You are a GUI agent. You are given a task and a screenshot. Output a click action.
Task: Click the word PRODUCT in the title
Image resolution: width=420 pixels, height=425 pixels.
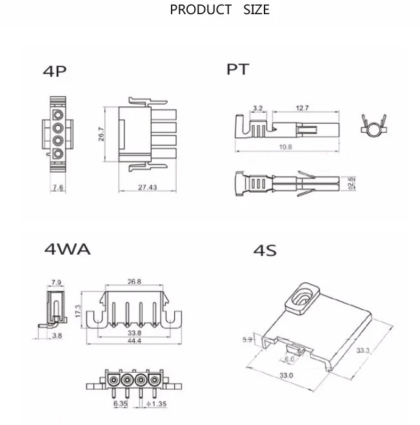pos(201,10)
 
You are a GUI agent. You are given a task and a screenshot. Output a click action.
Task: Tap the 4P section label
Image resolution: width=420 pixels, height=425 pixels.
pos(54,72)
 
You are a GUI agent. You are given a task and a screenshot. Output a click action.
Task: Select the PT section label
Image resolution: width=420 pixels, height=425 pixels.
pos(237,70)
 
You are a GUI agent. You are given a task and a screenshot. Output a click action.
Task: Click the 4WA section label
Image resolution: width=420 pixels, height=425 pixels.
pos(67,249)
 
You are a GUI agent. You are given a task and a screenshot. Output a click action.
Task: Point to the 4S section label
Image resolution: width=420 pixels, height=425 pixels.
pos(265,250)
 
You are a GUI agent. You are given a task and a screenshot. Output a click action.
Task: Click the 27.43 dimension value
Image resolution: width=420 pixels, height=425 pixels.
pos(148,187)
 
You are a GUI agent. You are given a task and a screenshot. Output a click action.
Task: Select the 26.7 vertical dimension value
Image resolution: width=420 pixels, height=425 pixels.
pos(101,134)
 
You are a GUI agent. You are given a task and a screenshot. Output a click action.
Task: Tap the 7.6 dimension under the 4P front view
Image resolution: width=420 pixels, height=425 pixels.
pos(58,187)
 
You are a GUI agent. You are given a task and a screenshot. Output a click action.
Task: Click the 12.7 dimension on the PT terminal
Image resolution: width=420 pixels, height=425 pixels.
pos(302,108)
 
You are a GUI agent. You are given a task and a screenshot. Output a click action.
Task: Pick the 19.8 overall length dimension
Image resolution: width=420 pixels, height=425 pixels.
pos(286,147)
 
